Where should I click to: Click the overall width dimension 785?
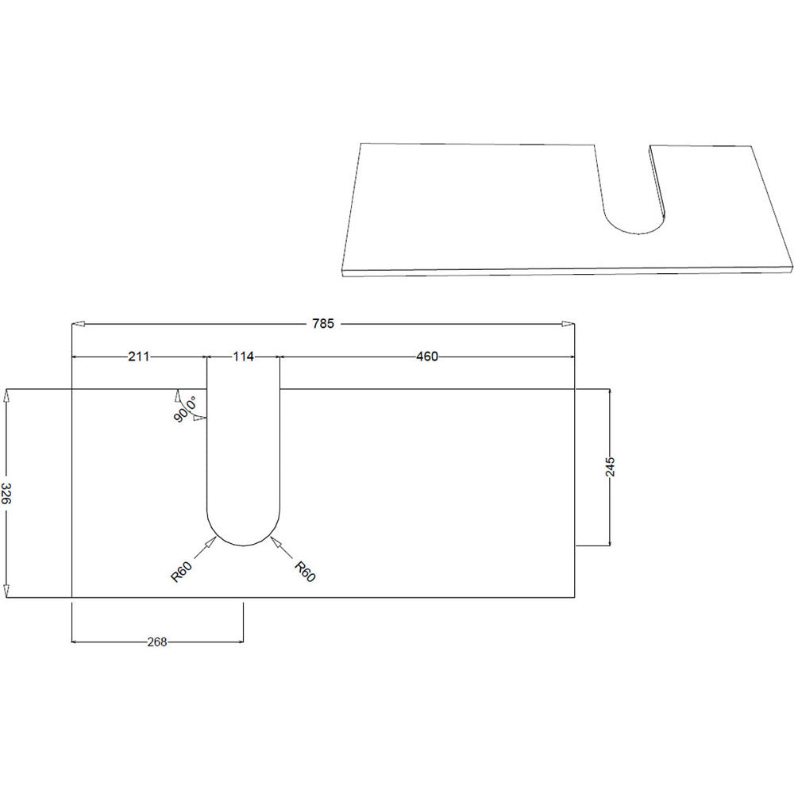pyautogui.click(x=323, y=324)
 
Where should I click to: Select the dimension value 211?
pyautogui.click(x=139, y=357)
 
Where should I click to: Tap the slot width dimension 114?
pyautogui.click(x=243, y=357)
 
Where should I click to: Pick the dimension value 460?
pyautogui.click(x=427, y=357)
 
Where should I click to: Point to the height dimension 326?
pyautogui.click(x=6, y=493)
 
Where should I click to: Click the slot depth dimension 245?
pyautogui.click(x=610, y=467)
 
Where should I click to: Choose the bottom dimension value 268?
pyautogui.click(x=157, y=642)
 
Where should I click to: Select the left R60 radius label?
pyautogui.click(x=181, y=572)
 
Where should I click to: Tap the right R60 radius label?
pyautogui.click(x=305, y=571)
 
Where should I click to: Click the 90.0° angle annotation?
pyautogui.click(x=185, y=410)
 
